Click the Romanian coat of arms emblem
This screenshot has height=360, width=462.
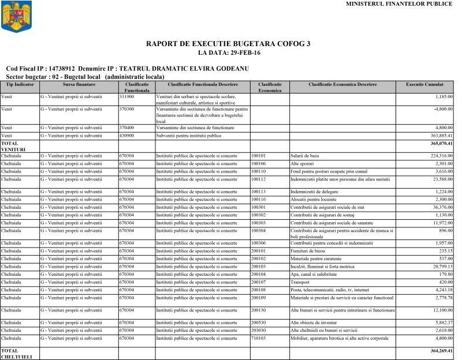coord(13,17)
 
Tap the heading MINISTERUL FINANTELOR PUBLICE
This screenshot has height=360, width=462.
coord(399,4)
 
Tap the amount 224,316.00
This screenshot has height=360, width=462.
coord(438,156)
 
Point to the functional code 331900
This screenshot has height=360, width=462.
coord(127,96)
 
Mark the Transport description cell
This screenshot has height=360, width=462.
coord(301,282)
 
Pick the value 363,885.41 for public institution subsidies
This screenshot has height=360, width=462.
coord(438,136)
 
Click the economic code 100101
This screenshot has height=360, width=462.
coord(259,156)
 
